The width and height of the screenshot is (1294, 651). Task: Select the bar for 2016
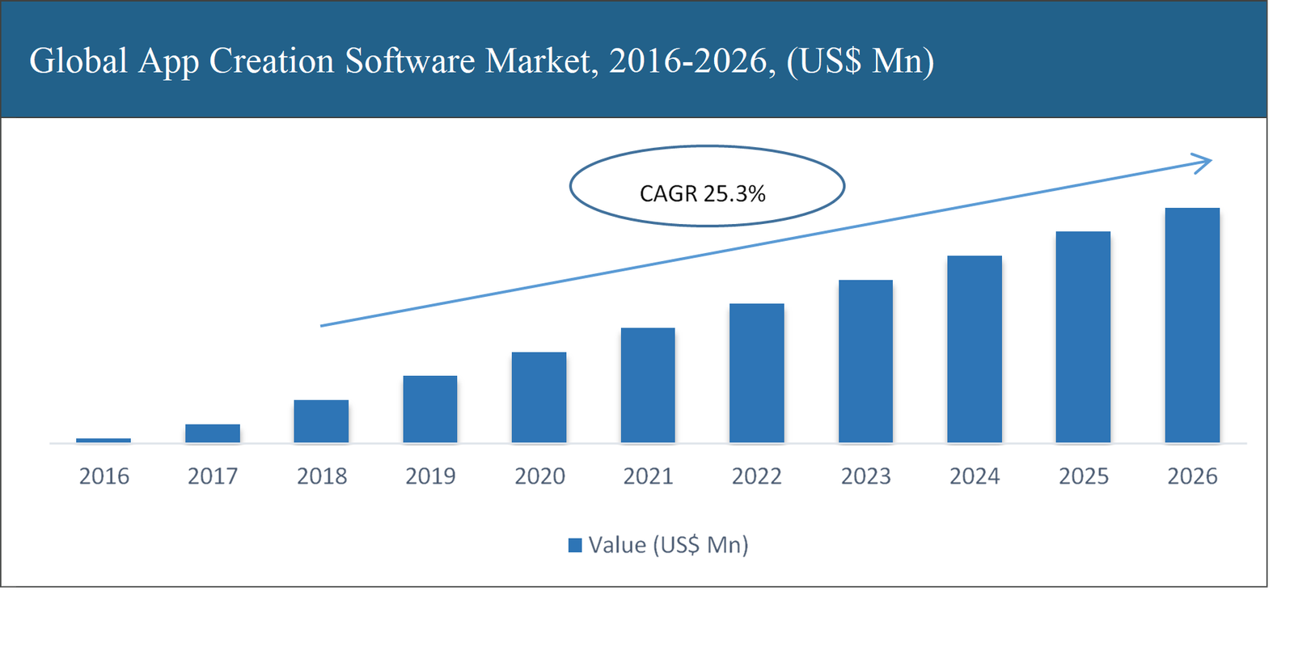[x=104, y=440]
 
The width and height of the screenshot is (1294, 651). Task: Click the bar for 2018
[x=321, y=421]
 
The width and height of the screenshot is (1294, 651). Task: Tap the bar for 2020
[x=539, y=397]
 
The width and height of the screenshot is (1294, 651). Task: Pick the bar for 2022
[x=756, y=373]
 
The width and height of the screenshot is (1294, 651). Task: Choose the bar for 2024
[x=975, y=349]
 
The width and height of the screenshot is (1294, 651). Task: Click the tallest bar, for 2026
[x=1192, y=325]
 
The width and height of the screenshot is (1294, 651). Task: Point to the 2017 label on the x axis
[x=213, y=476]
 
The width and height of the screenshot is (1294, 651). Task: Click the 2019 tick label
[x=430, y=476]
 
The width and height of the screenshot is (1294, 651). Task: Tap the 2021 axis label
[x=648, y=476]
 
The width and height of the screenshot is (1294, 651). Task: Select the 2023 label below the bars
[x=865, y=476]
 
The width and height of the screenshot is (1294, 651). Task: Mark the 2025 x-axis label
[x=1084, y=476]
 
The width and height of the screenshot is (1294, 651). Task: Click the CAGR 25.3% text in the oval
[x=702, y=194]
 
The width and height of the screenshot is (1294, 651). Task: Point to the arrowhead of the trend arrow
[x=1205, y=163]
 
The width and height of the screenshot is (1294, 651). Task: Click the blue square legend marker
[x=575, y=545]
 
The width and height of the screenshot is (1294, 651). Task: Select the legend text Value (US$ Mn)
[x=668, y=545]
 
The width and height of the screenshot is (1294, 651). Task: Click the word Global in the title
[x=78, y=61]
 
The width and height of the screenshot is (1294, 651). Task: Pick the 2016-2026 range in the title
[x=687, y=61]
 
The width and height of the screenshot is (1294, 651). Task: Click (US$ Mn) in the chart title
[x=861, y=61]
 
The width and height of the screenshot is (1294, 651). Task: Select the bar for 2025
[x=1083, y=337]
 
